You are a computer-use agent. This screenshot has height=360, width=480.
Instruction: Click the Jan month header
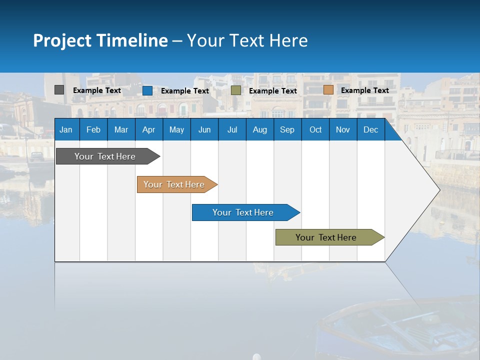coord(66,129)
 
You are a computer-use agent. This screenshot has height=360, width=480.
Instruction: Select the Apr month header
coord(148,129)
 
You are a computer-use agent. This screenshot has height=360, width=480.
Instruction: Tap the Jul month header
coord(232,129)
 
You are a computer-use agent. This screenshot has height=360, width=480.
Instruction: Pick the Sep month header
coord(287,129)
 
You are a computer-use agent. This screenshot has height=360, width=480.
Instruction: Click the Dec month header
coord(370,129)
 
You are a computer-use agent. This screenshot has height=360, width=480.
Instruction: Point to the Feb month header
coord(93,129)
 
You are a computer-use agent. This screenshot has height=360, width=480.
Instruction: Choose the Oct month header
coord(315,129)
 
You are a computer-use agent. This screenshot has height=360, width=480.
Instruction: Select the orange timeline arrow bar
coord(175,184)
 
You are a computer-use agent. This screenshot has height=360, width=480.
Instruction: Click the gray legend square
coord(59,90)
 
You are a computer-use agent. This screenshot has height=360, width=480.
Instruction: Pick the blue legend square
coord(147,90)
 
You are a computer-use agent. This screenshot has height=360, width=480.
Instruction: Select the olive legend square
coord(236,90)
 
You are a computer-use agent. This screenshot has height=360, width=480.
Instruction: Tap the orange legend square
coord(328,90)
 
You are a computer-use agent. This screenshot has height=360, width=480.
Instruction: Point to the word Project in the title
coord(62,40)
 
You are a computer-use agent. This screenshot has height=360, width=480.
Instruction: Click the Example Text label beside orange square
coord(364,90)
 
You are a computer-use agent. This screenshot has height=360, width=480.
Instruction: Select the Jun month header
coord(204,129)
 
